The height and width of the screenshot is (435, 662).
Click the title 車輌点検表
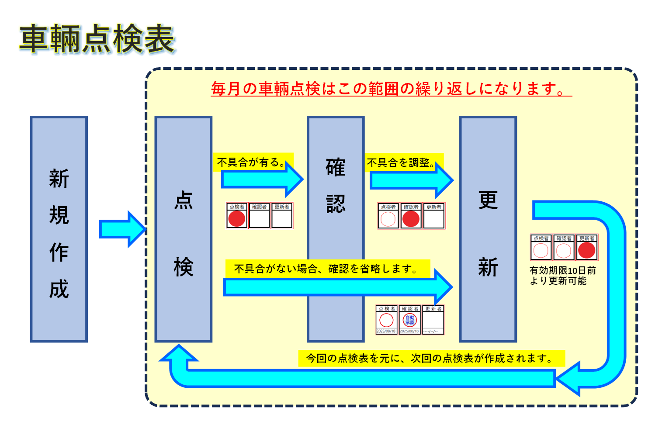click(x=97, y=39)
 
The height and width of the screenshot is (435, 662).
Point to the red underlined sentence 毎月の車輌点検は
click(x=391, y=89)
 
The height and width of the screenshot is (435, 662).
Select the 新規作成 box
click(x=59, y=229)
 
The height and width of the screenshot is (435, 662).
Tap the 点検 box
click(x=184, y=229)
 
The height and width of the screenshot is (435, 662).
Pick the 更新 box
click(x=488, y=229)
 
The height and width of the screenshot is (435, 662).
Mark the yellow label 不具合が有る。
click(x=253, y=162)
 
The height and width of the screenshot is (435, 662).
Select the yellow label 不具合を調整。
click(x=403, y=163)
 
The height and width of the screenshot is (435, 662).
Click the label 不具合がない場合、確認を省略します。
click(x=327, y=269)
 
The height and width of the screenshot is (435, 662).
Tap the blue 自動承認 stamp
click(x=410, y=320)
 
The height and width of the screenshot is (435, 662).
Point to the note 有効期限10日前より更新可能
click(x=562, y=276)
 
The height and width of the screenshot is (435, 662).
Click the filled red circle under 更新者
click(x=586, y=251)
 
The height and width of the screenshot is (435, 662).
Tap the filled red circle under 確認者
click(x=411, y=219)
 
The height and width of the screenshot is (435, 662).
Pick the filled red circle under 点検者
click(x=237, y=218)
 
